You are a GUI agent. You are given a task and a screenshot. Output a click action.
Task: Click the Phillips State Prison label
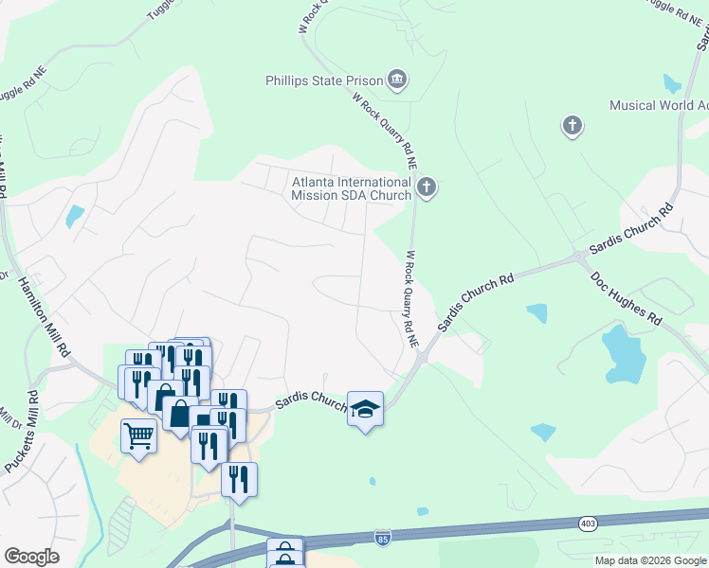click(324, 80)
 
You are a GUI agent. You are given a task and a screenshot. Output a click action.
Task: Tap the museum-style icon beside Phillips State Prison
click(398, 80)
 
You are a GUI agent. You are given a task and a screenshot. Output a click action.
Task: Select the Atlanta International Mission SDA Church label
click(352, 187)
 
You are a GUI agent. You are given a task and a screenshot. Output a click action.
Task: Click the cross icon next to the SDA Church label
click(427, 186)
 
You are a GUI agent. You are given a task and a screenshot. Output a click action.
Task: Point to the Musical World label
click(659, 105)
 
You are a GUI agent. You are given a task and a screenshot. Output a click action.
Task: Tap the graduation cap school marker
click(365, 409)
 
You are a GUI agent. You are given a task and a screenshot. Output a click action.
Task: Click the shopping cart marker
click(138, 437)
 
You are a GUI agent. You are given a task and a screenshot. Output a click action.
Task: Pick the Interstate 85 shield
click(382, 538)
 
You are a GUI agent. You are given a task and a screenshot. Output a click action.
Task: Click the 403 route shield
click(587, 522)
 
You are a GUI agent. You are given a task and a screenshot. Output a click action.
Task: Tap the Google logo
click(31, 557)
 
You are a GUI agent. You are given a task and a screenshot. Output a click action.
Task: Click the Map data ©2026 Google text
click(649, 560)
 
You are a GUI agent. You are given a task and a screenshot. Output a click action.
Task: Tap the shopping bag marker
click(180, 414)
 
